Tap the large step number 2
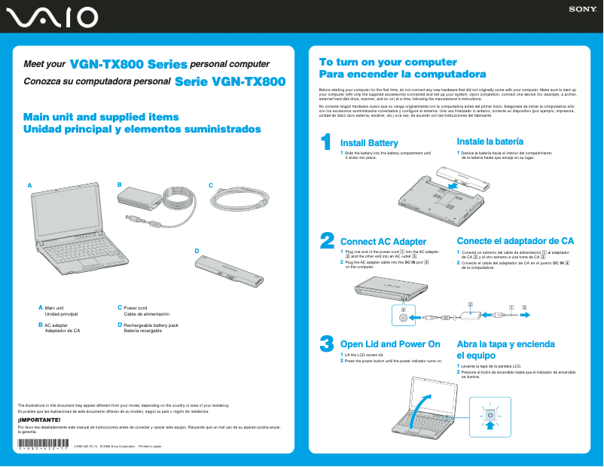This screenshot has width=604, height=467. click(327, 240)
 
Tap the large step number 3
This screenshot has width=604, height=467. click(326, 343)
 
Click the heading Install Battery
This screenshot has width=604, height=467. click(369, 143)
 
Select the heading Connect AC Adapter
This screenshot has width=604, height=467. click(383, 241)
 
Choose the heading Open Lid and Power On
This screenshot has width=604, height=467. click(390, 344)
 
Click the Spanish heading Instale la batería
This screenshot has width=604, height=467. click(490, 142)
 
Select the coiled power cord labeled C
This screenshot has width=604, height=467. click(239, 201)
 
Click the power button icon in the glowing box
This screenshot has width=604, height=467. click(490, 415)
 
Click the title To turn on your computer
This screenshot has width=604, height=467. click(377, 63)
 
